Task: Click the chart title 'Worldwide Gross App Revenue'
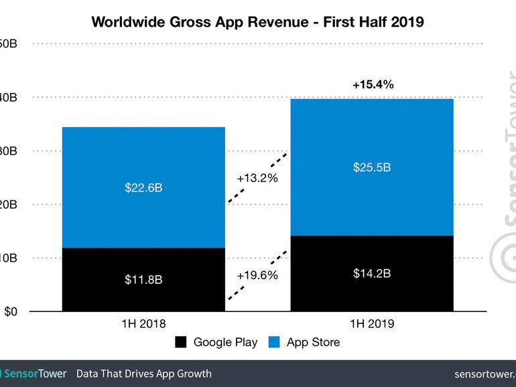tap(257, 21)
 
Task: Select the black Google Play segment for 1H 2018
tap(143, 295)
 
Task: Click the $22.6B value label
tap(143, 188)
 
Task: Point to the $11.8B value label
tap(143, 280)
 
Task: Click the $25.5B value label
tap(372, 167)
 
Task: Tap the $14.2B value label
tap(372, 273)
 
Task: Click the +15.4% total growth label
tap(373, 85)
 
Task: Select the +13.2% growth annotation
tap(257, 178)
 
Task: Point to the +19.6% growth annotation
tap(257, 275)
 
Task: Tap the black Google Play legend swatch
tap(181, 343)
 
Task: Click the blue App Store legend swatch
tap(274, 343)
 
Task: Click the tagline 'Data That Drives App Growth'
tap(143, 374)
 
